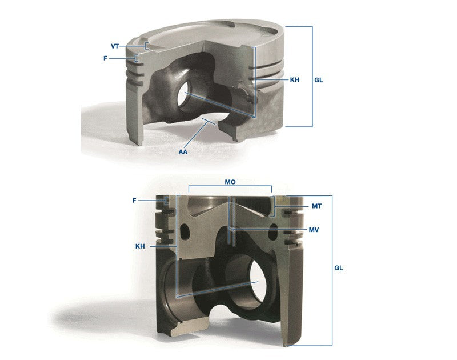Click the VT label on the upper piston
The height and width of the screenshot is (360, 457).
click(x=115, y=46)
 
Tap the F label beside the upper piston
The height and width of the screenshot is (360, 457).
click(x=105, y=58)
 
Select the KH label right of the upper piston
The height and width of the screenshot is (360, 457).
click(x=295, y=79)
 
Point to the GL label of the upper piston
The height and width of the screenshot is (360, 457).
click(x=319, y=80)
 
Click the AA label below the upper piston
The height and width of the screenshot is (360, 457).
click(x=183, y=152)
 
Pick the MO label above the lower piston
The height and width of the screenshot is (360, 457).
click(x=230, y=182)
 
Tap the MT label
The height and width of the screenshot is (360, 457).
click(x=317, y=206)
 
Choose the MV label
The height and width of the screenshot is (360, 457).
click(x=314, y=230)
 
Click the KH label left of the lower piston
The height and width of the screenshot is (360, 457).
click(x=140, y=246)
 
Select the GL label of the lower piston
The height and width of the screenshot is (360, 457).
click(x=339, y=268)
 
